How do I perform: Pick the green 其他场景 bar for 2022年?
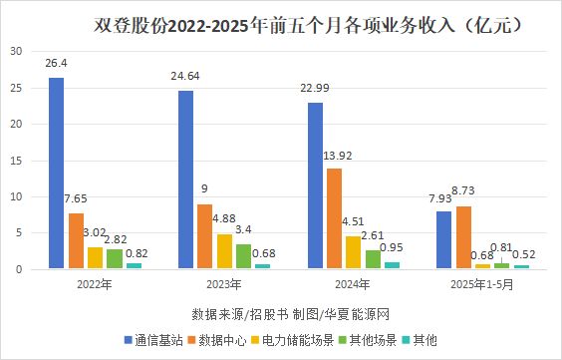115,258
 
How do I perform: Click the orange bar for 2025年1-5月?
464,237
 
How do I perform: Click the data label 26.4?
57,64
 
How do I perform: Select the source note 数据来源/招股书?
232,310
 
